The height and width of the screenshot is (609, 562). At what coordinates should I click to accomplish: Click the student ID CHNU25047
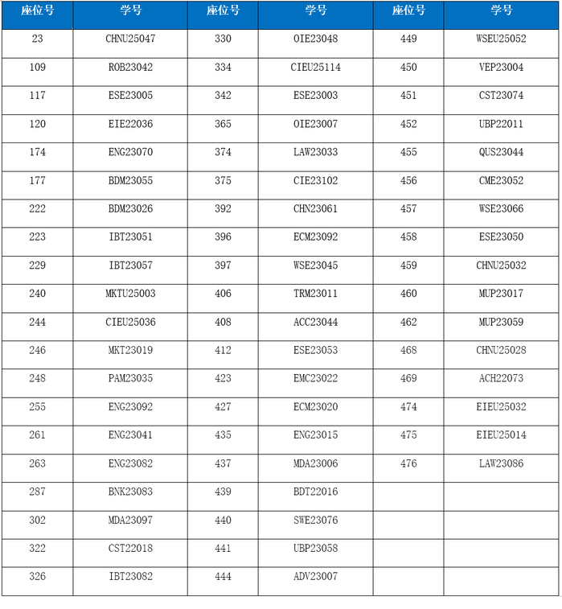pos(130,39)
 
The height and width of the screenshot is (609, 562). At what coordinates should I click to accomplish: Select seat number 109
pos(38,68)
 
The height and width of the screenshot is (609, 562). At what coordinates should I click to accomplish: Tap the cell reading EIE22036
pos(130,124)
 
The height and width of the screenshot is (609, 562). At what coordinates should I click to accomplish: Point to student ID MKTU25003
pos(130,294)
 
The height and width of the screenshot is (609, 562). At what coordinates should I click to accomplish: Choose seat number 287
pos(38,492)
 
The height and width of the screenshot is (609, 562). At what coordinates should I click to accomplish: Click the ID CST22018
pos(130,549)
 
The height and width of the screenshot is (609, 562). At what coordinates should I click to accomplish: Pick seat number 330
pos(223,39)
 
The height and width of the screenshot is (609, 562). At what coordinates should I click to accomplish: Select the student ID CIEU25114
pos(315,68)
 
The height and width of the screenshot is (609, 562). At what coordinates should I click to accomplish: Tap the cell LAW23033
pos(315,152)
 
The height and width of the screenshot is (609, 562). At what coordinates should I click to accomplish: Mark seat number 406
pos(223,294)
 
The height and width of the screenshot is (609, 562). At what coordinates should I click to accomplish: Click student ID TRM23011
pos(315,294)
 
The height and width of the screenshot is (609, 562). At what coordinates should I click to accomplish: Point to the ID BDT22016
pos(315,492)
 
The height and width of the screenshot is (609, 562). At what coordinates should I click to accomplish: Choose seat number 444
pos(223,577)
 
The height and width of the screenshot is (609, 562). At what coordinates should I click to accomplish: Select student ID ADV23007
pos(315,577)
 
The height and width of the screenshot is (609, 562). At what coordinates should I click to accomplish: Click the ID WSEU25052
pos(501,39)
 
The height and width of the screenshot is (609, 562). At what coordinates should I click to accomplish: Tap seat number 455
pos(408,152)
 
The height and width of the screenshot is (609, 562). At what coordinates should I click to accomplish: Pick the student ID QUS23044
pos(501,152)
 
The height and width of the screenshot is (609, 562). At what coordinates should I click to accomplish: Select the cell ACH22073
pos(501,378)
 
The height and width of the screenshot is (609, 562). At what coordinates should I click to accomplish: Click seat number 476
pos(408,463)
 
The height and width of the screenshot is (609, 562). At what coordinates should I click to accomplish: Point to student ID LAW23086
pos(501,463)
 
